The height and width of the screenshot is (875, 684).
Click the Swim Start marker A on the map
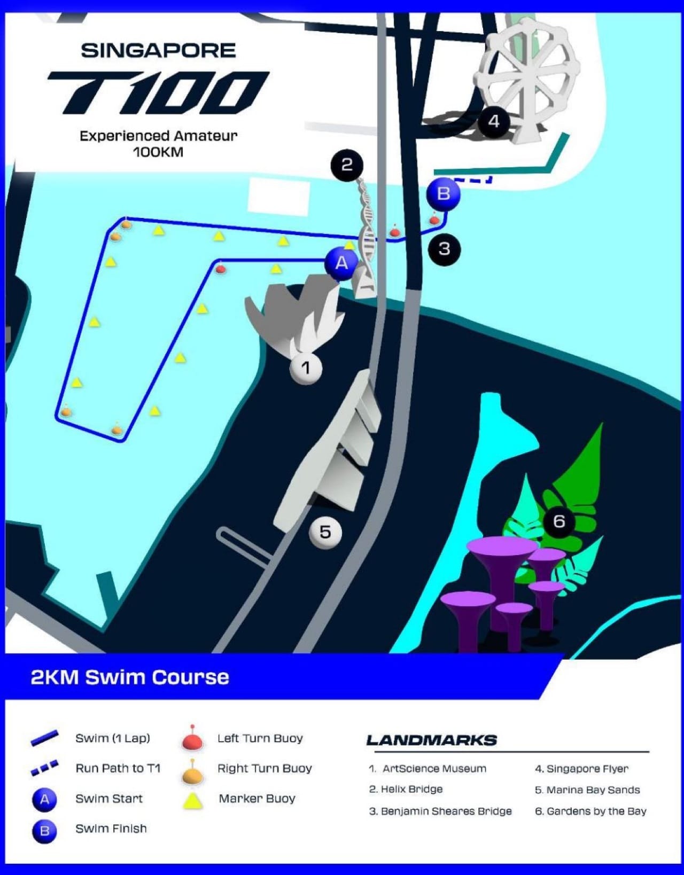pos(341,263)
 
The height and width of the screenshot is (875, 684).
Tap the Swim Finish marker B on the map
pos(443,193)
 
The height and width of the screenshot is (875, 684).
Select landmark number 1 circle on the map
pos(306,368)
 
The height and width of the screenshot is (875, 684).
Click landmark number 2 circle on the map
pos(347,165)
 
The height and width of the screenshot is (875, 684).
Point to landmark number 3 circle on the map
pos(444,248)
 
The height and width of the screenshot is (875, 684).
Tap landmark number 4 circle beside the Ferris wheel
pos(493,122)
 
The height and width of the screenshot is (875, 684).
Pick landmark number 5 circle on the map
pos(325,532)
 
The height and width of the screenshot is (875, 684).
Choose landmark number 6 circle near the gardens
pos(559,521)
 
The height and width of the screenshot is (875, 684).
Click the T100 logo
pos(158,93)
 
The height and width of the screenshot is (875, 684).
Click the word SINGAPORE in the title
pos(158,51)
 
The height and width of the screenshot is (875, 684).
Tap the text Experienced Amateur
pos(158,136)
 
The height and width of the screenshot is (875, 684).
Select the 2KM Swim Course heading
pos(130,677)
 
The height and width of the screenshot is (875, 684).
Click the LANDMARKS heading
pos(431,740)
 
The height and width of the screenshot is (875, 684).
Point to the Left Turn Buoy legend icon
pos(192,739)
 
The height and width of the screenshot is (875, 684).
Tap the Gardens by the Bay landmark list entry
pos(590,811)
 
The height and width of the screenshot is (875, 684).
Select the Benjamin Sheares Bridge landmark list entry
pos(440,811)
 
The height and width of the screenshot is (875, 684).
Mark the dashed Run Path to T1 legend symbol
pos(44,768)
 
